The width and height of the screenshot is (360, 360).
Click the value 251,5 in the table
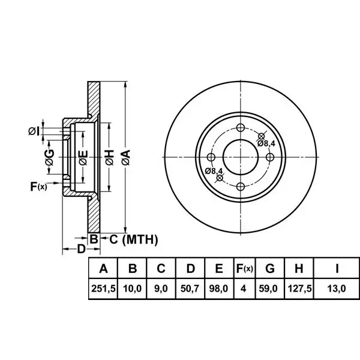point(103,289)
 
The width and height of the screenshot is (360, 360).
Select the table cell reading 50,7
point(190,289)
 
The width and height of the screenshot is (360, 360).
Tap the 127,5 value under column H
point(299,289)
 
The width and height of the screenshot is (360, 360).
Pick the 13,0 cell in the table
point(337,289)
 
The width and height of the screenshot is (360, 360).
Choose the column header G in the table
point(270,268)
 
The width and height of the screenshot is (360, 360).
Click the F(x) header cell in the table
point(245,268)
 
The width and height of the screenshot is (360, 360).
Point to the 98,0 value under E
point(219,289)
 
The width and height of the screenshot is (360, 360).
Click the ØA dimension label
point(126,157)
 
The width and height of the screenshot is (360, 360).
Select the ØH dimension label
point(109,157)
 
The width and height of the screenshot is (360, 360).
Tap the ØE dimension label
point(83,158)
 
